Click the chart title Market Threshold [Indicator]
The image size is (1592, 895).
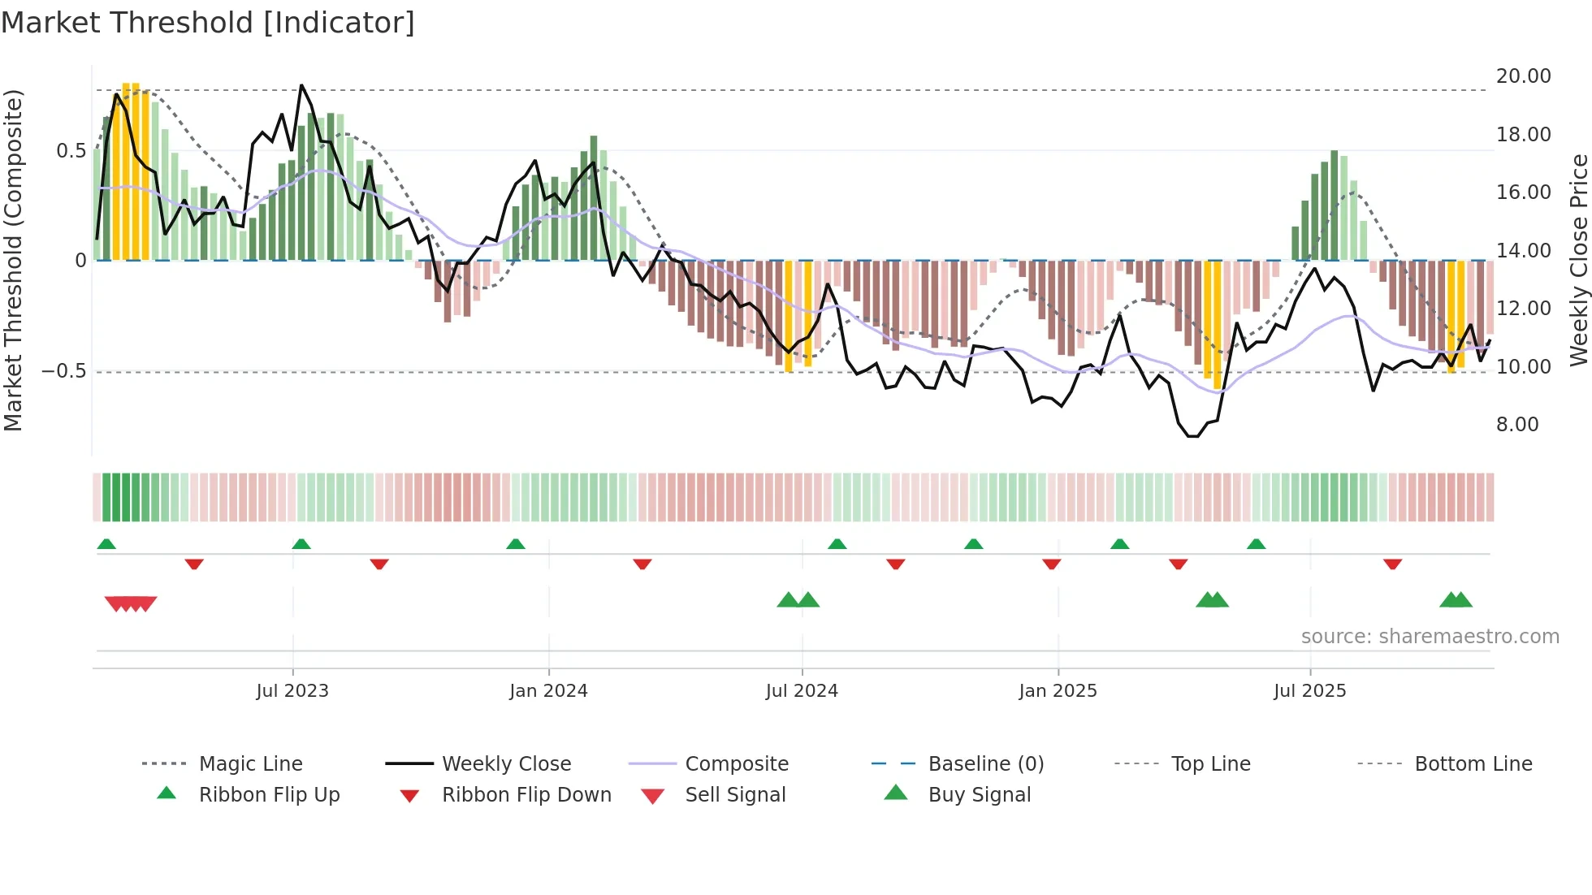pyautogui.click(x=208, y=23)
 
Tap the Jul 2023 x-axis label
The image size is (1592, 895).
pyautogui.click(x=292, y=691)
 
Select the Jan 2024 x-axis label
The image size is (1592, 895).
pyautogui.click(x=548, y=691)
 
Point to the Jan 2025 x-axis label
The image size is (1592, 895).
pyautogui.click(x=1058, y=691)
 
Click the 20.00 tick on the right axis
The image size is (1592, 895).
pyautogui.click(x=1523, y=76)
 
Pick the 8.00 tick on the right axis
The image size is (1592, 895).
pyautogui.click(x=1517, y=425)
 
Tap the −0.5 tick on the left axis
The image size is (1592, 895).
pyautogui.click(x=64, y=371)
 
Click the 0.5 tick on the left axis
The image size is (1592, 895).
pyautogui.click(x=71, y=151)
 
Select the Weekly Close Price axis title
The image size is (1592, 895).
pyautogui.click(x=1578, y=260)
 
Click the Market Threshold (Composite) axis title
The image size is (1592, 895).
pyautogui.click(x=13, y=260)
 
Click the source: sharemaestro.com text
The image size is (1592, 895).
pyautogui.click(x=1430, y=637)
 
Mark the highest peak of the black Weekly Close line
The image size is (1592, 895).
pyautogui.click(x=301, y=85)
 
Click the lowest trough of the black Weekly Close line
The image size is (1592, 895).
pyautogui.click(x=1192, y=436)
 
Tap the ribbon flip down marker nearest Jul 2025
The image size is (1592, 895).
pyautogui.click(x=1392, y=564)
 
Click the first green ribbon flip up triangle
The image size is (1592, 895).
pyautogui.click(x=106, y=543)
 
